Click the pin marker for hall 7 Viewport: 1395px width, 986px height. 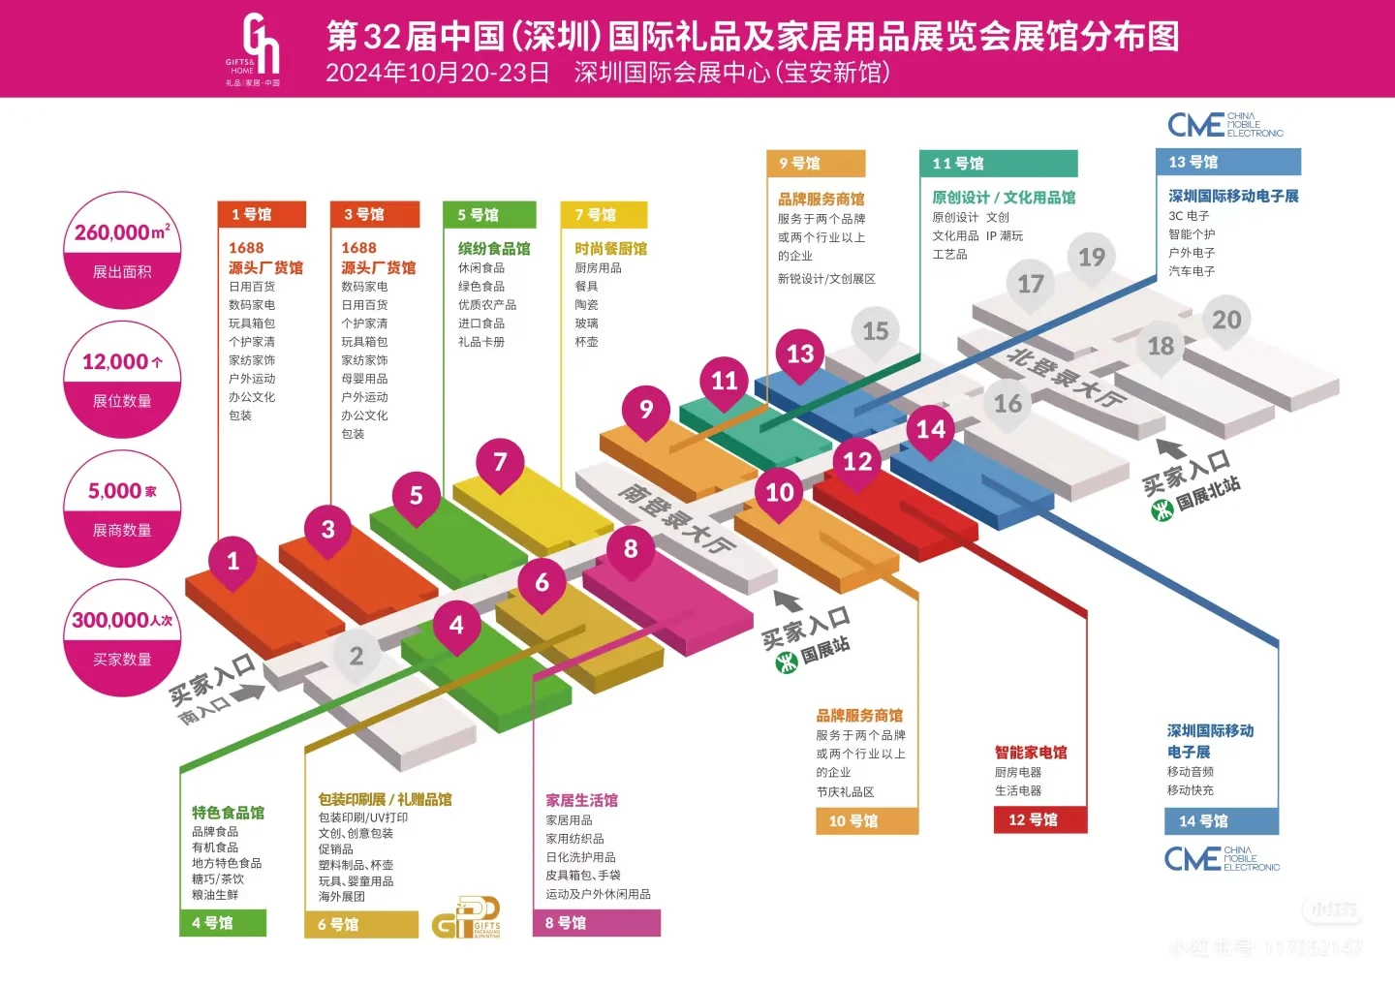(x=500, y=463)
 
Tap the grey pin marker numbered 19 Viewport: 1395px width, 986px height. (x=1092, y=258)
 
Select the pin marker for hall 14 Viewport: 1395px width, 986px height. (x=931, y=430)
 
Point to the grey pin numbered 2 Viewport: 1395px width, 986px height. (x=356, y=657)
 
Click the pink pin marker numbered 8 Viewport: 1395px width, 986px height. (x=631, y=549)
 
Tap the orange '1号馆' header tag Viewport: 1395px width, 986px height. (x=262, y=214)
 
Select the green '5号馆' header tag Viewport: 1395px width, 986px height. (x=489, y=214)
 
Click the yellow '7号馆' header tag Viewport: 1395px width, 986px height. (x=604, y=214)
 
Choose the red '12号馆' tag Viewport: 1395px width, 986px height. (x=1040, y=820)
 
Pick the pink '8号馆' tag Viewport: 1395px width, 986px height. (x=596, y=923)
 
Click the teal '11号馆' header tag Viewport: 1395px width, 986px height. (x=998, y=163)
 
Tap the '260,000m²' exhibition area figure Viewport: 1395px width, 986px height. (x=122, y=232)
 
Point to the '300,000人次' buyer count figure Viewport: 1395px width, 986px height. (x=122, y=620)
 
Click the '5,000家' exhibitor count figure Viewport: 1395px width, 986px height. (x=122, y=491)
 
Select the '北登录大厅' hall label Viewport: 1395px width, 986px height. (x=1066, y=376)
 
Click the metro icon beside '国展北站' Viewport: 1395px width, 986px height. (x=1162, y=508)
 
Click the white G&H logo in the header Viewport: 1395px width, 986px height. (x=260, y=46)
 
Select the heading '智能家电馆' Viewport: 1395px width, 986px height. (x=1031, y=753)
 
